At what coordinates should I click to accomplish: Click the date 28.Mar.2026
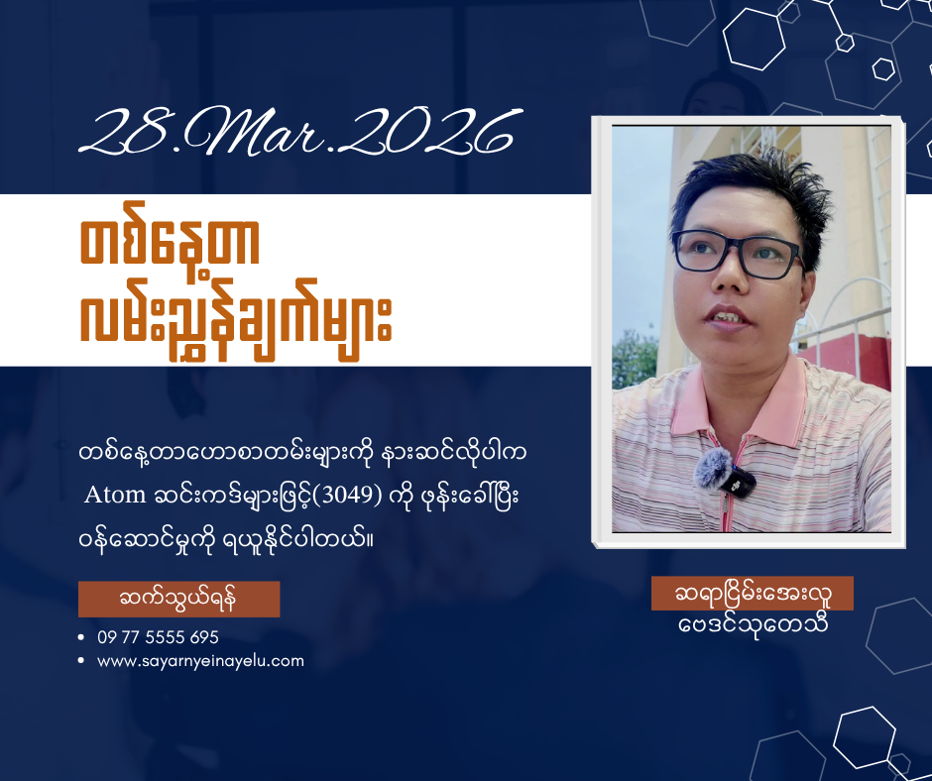pyautogui.click(x=300, y=132)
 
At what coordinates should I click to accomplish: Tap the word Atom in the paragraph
pyautogui.click(x=115, y=495)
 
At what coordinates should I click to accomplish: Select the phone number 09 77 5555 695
pyautogui.click(x=158, y=637)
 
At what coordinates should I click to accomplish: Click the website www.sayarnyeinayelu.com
pyautogui.click(x=201, y=661)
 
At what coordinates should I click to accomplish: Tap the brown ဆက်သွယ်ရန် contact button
pyautogui.click(x=178, y=599)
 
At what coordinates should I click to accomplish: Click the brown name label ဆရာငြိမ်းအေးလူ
pyautogui.click(x=753, y=593)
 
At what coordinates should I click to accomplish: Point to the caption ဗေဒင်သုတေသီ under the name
pyautogui.click(x=754, y=625)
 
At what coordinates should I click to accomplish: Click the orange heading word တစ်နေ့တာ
pyautogui.click(x=170, y=245)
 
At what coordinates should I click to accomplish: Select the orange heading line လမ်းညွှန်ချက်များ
pyautogui.click(x=236, y=320)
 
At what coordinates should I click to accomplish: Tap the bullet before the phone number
pyautogui.click(x=81, y=637)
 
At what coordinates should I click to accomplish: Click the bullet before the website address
pyautogui.click(x=81, y=661)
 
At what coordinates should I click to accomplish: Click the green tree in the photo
pyautogui.click(x=635, y=360)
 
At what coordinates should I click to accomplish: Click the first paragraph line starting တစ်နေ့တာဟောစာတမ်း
pyautogui.click(x=302, y=453)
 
